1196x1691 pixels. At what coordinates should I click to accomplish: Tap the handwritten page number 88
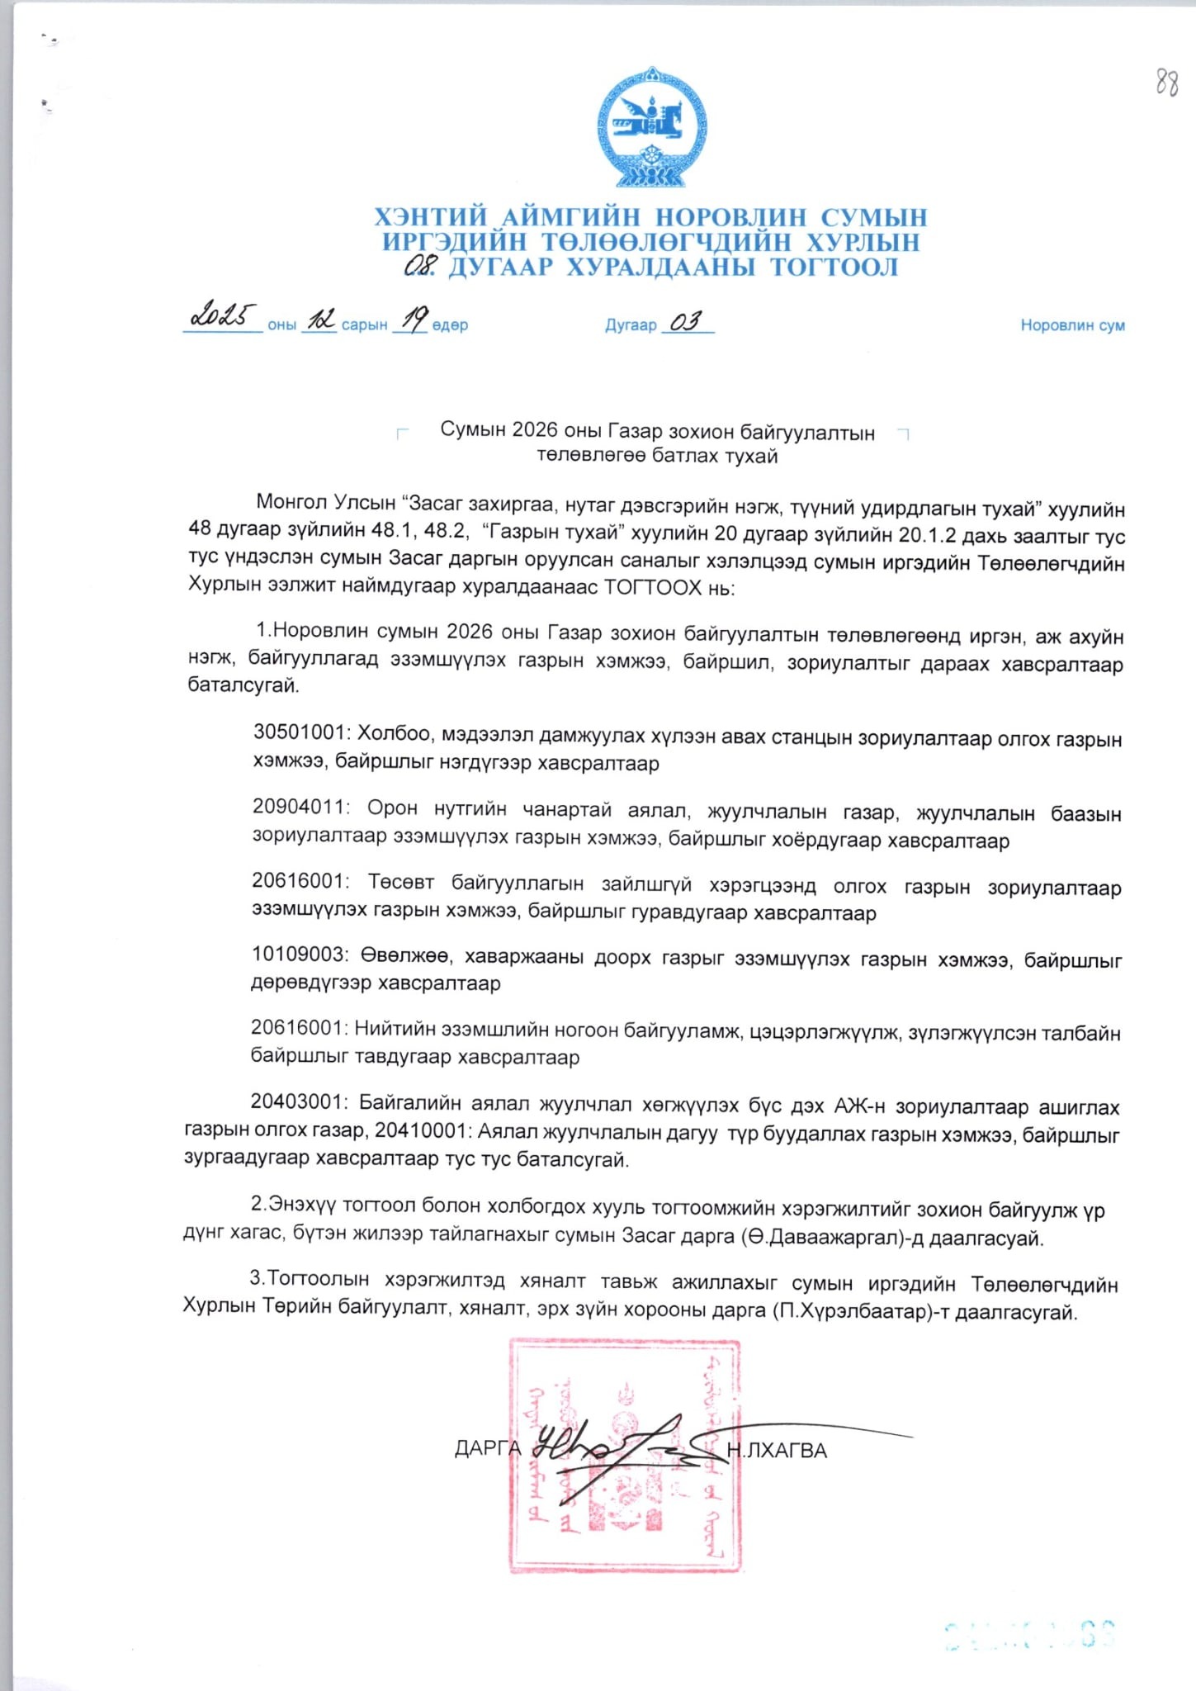click(1165, 83)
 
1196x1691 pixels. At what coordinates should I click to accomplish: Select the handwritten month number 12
click(319, 320)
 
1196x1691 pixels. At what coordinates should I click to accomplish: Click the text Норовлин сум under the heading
click(1072, 325)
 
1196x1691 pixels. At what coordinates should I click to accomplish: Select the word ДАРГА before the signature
click(488, 1449)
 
